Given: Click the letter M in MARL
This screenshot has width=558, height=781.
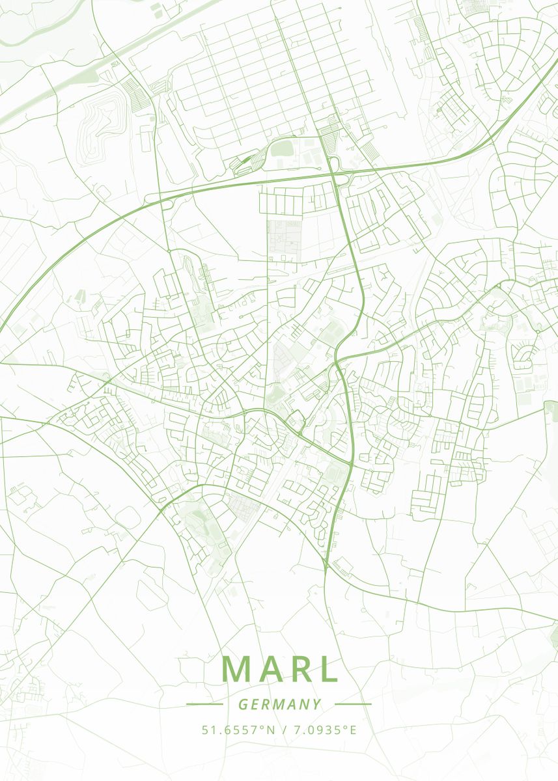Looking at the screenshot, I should click(x=237, y=669).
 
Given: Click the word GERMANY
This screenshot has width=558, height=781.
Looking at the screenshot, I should click(x=279, y=704).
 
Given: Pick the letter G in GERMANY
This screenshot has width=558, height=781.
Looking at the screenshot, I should click(x=242, y=704).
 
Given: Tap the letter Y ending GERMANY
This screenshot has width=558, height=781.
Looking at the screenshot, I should click(x=316, y=704).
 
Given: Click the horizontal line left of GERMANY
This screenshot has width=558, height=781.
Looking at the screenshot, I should click(x=204, y=704).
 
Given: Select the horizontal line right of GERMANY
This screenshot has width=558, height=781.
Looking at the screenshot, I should click(x=352, y=704).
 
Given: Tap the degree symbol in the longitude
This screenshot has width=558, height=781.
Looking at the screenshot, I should click(x=346, y=726).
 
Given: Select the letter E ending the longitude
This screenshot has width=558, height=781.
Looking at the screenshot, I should click(x=353, y=730).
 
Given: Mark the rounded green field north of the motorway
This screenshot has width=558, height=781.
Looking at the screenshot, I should click(x=283, y=149).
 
